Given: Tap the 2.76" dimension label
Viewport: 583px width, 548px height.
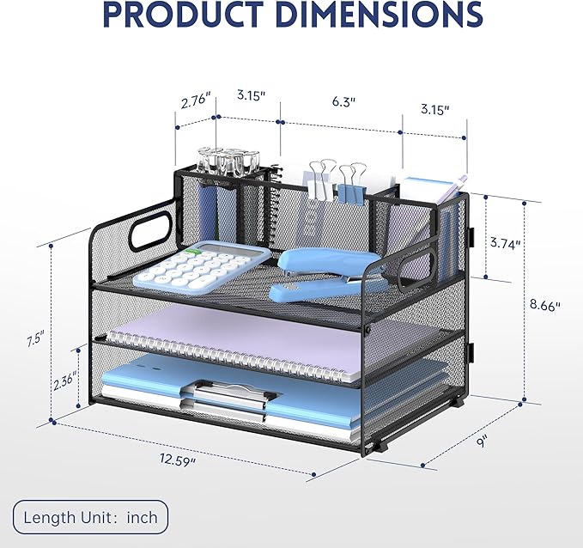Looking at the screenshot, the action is [196, 101].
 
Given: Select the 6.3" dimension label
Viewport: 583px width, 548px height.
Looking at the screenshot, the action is [343, 101].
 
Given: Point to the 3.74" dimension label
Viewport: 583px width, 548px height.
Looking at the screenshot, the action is [505, 243].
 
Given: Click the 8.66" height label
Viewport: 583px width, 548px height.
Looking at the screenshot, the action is [545, 306].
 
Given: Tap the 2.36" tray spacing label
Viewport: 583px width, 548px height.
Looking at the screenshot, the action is [64, 381].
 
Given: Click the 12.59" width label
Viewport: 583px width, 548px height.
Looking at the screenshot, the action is [178, 459].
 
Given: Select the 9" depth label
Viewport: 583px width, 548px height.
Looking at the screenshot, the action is [483, 442].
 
